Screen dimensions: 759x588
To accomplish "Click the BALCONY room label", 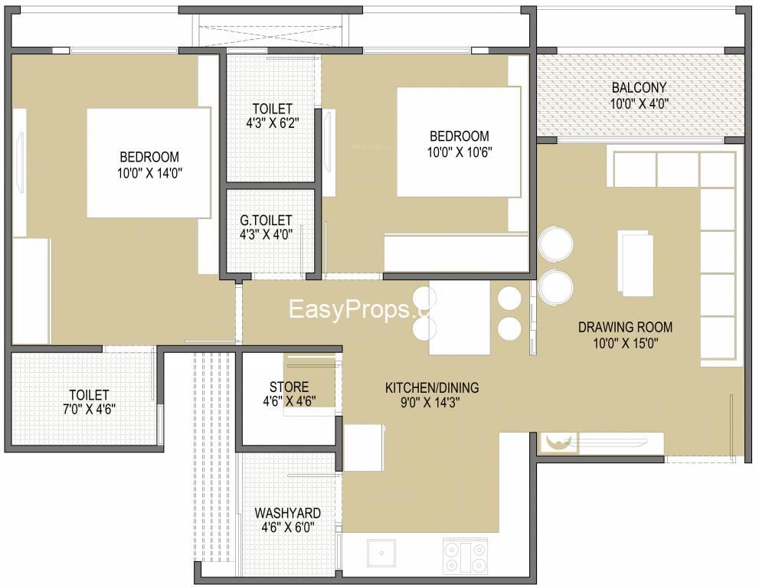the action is pyautogui.click(x=639, y=87).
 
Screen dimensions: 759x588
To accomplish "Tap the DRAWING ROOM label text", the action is pyautogui.click(x=626, y=327).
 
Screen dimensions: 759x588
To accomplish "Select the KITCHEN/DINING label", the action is pyautogui.click(x=432, y=387).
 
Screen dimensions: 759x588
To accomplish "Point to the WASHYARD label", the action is pyautogui.click(x=287, y=513).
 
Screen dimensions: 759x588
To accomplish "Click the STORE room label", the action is pyautogui.click(x=289, y=387).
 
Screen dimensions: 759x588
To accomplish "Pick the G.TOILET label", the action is pyautogui.click(x=266, y=220).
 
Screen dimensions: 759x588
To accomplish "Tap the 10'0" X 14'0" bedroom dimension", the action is pyautogui.click(x=149, y=173).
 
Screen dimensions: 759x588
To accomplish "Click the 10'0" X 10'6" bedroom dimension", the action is pyautogui.click(x=460, y=152).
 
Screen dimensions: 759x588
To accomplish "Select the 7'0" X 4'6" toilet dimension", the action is pyautogui.click(x=89, y=410).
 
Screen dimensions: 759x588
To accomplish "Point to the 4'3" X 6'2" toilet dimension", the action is pyautogui.click(x=272, y=123).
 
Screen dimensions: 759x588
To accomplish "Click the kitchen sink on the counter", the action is pyautogui.click(x=381, y=553).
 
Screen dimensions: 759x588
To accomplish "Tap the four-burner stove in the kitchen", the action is pyautogui.click(x=465, y=556).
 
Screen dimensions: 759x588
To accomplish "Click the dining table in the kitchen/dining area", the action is pyautogui.click(x=460, y=318).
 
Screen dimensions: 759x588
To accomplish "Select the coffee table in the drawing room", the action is pyautogui.click(x=635, y=261).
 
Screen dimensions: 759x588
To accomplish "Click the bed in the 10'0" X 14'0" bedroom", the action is pyautogui.click(x=149, y=162).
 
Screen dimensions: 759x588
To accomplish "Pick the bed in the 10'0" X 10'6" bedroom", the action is pyautogui.click(x=459, y=142).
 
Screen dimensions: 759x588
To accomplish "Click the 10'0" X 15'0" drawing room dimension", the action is pyautogui.click(x=626, y=343).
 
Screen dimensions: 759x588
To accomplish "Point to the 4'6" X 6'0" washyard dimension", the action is pyautogui.click(x=287, y=528).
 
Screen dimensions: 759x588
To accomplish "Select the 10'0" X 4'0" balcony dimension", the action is pyautogui.click(x=640, y=103).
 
